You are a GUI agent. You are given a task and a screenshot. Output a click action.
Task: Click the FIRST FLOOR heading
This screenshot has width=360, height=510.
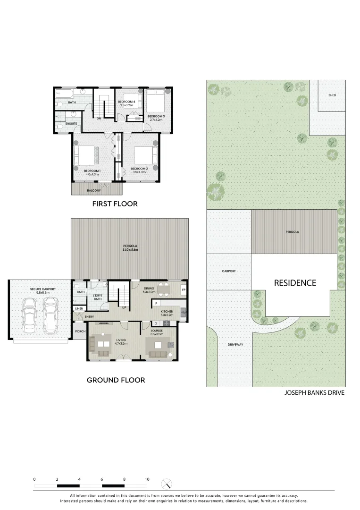115,204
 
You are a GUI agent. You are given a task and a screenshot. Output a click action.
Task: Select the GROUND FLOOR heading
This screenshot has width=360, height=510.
116,380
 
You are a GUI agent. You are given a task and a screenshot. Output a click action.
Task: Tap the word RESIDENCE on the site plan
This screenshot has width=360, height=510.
295,283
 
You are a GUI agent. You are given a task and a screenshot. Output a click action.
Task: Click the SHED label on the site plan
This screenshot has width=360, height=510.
332,95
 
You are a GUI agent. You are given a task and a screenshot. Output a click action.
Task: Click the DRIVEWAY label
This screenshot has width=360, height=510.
235,345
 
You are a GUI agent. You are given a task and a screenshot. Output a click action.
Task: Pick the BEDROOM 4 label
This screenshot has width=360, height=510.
126,102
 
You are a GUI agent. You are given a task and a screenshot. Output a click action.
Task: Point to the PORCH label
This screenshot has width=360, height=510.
80,331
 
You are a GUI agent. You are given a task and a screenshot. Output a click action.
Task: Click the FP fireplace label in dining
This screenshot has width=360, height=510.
184,289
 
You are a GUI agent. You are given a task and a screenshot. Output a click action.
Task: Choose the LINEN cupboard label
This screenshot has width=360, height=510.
78,309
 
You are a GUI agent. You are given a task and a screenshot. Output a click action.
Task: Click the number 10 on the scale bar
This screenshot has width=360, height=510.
147,479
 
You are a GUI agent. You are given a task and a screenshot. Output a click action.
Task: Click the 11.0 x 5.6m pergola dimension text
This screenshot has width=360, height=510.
130,250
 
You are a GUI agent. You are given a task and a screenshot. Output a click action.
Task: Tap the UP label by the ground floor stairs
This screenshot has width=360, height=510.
124,307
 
